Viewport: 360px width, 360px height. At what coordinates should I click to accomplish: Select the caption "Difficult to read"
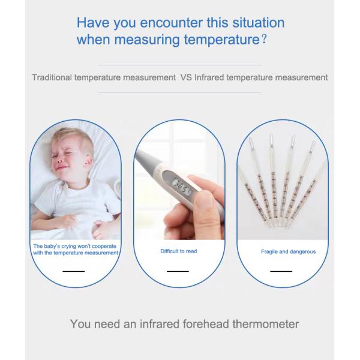(178, 251)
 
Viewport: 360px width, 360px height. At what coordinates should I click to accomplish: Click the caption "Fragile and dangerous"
(288, 251)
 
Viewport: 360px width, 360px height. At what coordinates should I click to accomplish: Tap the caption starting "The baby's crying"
(74, 250)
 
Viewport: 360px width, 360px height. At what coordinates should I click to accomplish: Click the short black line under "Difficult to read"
(178, 271)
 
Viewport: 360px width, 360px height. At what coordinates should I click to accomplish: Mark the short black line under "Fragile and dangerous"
(281, 271)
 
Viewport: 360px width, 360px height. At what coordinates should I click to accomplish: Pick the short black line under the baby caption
(74, 271)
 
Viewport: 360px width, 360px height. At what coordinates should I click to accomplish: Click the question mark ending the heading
(263, 41)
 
